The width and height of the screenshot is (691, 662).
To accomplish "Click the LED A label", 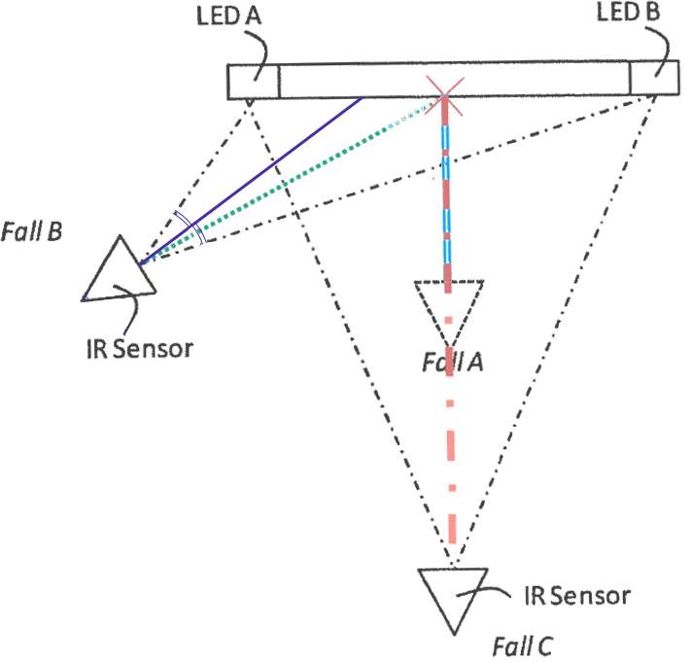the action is click(x=228, y=17).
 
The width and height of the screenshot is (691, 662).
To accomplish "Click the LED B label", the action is click(x=629, y=12).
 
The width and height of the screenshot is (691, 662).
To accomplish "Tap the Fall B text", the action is click(x=31, y=231).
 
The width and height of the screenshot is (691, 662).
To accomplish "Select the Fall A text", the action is click(x=453, y=363).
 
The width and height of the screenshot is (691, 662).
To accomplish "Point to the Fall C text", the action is click(x=522, y=646).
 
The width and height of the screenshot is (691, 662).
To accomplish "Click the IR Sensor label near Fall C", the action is click(x=577, y=596).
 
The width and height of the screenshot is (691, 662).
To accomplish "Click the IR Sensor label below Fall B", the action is click(x=140, y=349).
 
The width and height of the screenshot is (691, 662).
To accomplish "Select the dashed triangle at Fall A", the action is click(x=449, y=282).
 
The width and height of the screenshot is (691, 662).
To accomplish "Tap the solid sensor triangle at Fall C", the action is click(x=453, y=570).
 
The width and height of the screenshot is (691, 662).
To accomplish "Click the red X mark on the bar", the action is click(x=445, y=96).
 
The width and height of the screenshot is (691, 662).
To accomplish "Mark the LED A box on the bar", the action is click(x=254, y=82).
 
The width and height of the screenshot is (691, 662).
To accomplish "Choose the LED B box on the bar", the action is click(x=654, y=78).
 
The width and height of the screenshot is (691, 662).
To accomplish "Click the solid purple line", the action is click(x=251, y=181).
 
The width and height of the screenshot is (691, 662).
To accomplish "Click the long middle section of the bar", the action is click(x=455, y=81).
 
